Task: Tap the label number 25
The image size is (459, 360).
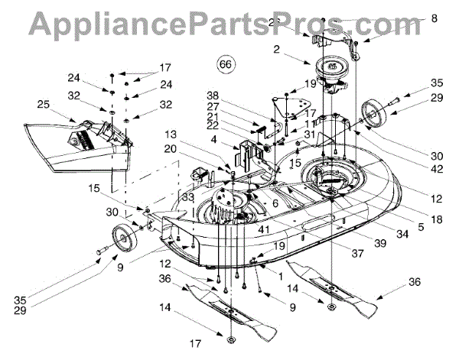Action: pyautogui.click(x=43, y=103)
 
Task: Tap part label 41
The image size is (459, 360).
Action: pyautogui.click(x=263, y=229)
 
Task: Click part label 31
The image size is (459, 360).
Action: pyautogui.click(x=308, y=135)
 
